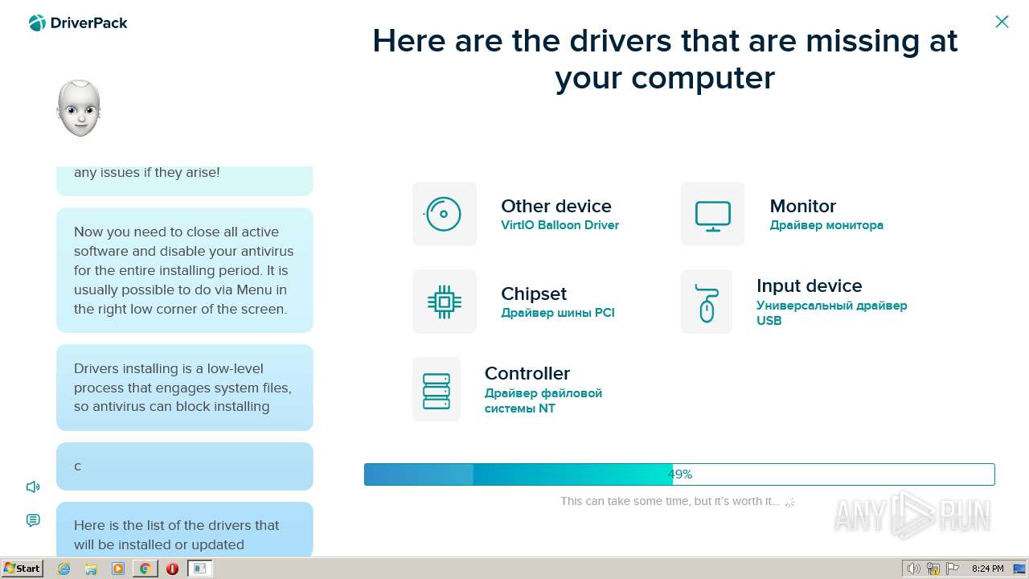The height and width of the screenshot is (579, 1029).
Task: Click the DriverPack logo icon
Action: (x=37, y=23)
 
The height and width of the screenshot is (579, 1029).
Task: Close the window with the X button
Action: (x=1002, y=22)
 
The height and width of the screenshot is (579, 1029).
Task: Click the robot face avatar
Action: (x=79, y=108)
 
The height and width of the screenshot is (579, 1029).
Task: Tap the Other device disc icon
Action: (x=443, y=214)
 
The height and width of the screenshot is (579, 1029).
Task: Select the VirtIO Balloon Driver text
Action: (x=560, y=225)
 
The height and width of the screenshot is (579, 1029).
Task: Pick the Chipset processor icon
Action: (x=445, y=302)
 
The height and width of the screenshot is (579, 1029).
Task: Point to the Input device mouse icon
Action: (x=707, y=303)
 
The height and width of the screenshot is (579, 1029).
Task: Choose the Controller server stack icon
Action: (x=437, y=391)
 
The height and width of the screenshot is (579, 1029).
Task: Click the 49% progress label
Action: (x=680, y=474)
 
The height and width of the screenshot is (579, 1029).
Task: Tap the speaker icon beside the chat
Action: (x=33, y=487)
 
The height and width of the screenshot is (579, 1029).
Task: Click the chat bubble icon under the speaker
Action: (x=33, y=520)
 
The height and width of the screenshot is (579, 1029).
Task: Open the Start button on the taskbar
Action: (x=22, y=569)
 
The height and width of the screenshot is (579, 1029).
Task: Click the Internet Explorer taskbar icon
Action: (x=64, y=569)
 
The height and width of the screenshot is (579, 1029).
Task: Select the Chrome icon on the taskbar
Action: (x=146, y=569)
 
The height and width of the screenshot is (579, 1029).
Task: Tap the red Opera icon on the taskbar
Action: (x=172, y=569)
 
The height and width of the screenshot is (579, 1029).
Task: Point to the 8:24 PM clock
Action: (x=987, y=569)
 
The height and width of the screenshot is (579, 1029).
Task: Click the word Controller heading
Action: (x=527, y=373)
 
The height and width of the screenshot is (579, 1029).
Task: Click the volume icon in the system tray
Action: (x=913, y=569)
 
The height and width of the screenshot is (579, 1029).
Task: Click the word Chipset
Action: (x=534, y=294)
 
